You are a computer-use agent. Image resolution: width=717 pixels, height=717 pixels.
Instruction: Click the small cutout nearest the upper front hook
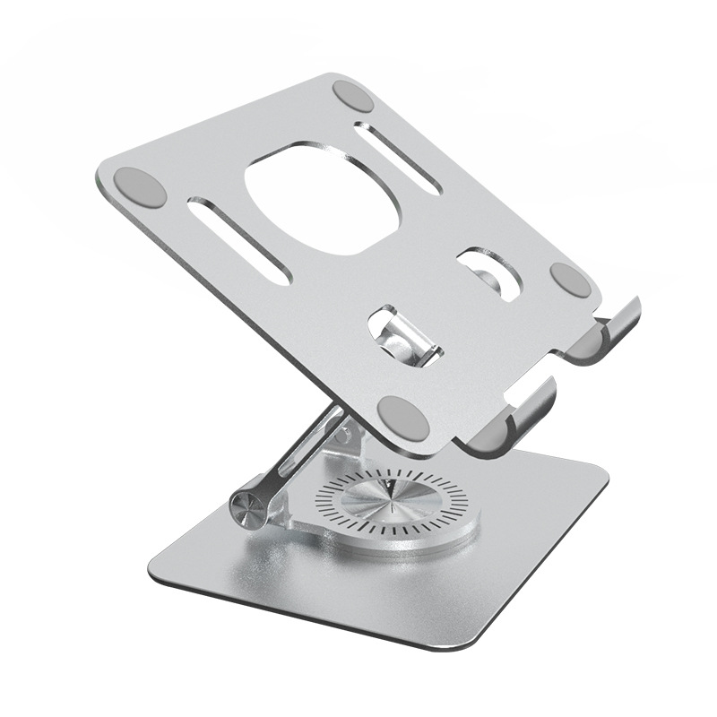pyautogui.click(x=489, y=273)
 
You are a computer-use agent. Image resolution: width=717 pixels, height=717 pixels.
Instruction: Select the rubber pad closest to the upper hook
pyautogui.click(x=570, y=280)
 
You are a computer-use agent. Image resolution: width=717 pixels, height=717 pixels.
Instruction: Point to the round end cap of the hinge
pyautogui.click(x=247, y=509)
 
